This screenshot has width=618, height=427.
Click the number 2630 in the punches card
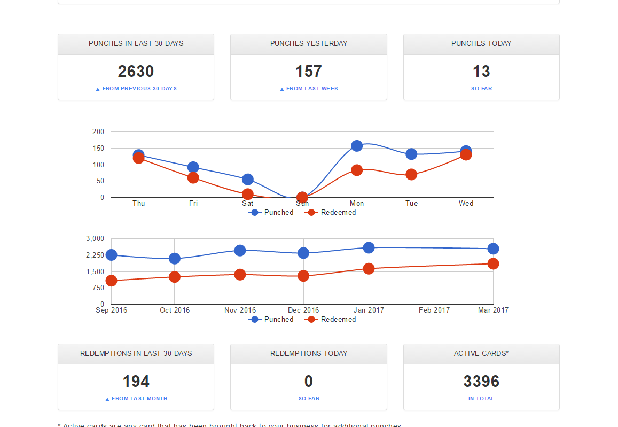(x=136, y=72)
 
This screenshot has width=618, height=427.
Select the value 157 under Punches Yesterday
(x=309, y=72)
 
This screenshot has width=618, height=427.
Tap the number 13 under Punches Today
(x=481, y=72)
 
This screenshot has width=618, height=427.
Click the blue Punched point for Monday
(x=357, y=146)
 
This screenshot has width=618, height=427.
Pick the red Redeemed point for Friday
(x=193, y=177)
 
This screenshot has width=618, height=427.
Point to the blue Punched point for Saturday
(x=247, y=180)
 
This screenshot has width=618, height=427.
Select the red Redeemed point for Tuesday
(x=411, y=174)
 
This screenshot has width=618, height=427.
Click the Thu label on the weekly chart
(x=139, y=203)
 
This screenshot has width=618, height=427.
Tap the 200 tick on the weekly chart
(x=98, y=131)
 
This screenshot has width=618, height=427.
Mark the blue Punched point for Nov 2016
(x=240, y=250)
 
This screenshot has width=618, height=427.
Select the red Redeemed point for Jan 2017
(x=369, y=268)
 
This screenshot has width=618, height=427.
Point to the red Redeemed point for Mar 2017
(x=493, y=263)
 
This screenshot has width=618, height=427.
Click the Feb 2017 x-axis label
(x=434, y=310)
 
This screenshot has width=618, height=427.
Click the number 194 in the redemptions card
(x=136, y=382)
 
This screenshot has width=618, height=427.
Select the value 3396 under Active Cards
(x=481, y=382)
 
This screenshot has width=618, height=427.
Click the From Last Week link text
(x=312, y=89)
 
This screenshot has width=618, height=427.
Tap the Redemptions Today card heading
(x=309, y=353)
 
